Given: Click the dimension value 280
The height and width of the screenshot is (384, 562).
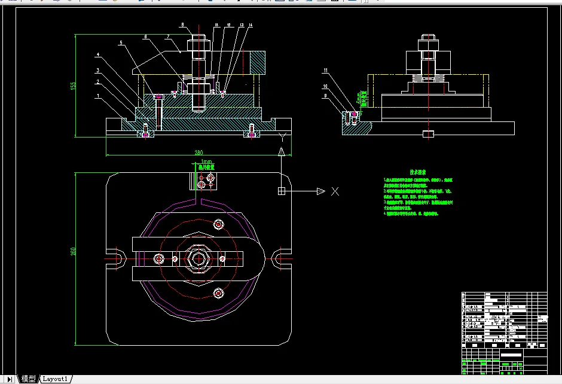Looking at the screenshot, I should point(198,153).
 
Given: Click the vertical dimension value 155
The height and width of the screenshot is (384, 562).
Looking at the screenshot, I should point(74,86).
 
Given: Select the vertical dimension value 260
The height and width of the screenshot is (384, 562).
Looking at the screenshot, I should point(74,251).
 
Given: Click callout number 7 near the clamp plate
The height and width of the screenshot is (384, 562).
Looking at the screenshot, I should point(169,37).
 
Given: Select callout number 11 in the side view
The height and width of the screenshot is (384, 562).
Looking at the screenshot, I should point(325,71).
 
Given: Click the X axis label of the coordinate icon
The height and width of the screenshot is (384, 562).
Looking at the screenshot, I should point(335,191).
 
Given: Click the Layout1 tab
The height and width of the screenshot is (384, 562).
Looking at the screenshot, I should point(56,379).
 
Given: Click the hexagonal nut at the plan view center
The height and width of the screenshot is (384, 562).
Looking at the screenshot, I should point(198,258).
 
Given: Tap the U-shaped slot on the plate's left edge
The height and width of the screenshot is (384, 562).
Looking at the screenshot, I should point(114,259).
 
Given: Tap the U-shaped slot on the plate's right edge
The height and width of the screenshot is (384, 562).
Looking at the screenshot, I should point(280,258).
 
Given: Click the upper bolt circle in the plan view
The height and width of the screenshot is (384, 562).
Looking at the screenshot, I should point(218,224).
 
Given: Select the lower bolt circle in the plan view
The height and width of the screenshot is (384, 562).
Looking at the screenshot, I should point(218,292).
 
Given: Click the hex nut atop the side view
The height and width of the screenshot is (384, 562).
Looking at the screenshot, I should point(427,43).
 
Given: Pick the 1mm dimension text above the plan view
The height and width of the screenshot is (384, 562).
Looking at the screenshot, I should point(207,162).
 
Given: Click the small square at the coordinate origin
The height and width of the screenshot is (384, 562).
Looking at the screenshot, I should point(281,191).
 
